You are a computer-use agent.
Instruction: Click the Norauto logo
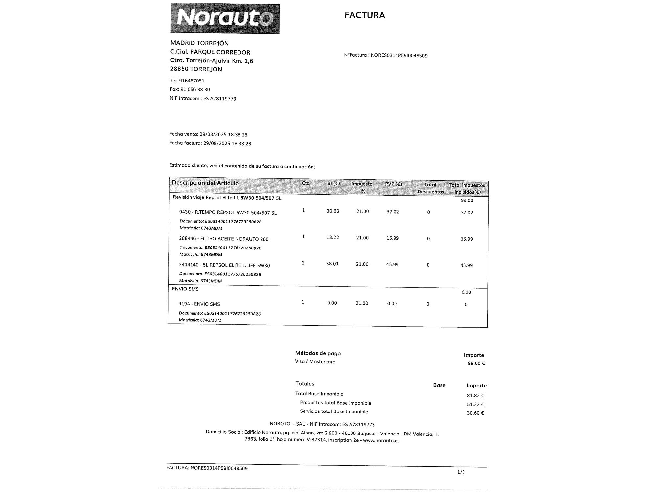coord(225,18)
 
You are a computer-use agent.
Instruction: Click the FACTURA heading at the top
coord(365,15)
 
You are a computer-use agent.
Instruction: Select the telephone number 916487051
coord(192,81)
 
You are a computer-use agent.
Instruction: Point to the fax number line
coord(190,89)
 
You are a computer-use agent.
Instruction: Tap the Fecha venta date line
coord(208,134)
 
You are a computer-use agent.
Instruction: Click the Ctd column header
coord(306,183)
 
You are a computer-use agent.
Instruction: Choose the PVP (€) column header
coord(393,184)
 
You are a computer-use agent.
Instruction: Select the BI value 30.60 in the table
coord(333,211)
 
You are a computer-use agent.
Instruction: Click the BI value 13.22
coord(332,237)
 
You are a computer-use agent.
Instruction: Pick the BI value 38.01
coord(332,264)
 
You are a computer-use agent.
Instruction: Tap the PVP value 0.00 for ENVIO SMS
coord(392,304)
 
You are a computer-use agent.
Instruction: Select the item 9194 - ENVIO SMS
coord(199,304)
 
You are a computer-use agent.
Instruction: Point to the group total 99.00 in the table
coord(467,200)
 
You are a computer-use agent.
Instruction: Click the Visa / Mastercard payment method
coord(315,362)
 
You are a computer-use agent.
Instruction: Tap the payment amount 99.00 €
coord(476,363)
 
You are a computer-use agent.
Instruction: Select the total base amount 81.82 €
coord(475,396)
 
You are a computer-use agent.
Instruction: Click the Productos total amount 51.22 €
coord(475,405)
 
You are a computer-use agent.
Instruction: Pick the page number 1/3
coord(461,472)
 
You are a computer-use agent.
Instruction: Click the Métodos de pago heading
coord(318,353)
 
